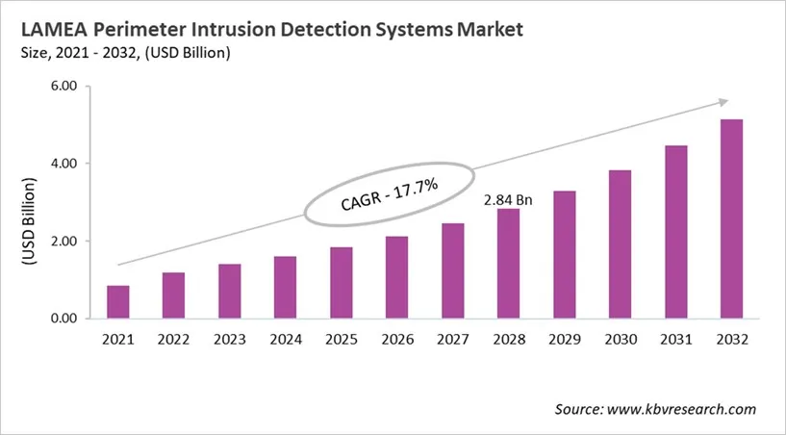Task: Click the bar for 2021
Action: coord(118,301)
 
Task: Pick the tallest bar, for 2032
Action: coord(732,218)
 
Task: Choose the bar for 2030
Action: coord(621,243)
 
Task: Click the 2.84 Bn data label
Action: coord(508,199)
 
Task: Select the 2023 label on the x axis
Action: coord(230,340)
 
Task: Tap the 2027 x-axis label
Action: coord(453,340)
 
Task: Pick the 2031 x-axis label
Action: coord(676,340)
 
